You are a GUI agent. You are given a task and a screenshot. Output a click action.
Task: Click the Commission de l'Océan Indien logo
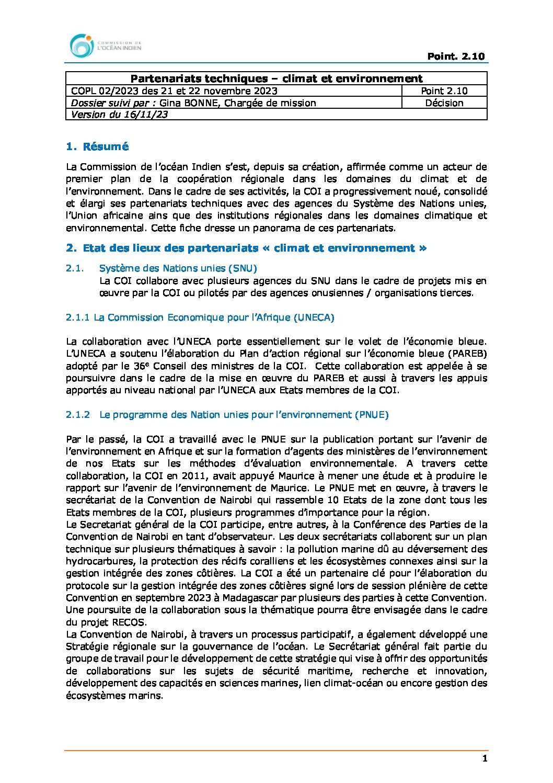coord(105,46)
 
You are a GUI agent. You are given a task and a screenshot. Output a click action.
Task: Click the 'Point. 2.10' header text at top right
coord(456,56)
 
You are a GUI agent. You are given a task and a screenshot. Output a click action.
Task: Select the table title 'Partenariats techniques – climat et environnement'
coord(276,78)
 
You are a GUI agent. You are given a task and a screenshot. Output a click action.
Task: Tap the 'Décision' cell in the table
coord(444,103)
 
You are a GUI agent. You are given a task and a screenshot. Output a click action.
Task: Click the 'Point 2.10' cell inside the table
coord(444,91)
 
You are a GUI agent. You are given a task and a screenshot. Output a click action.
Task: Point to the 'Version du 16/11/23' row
coord(119,115)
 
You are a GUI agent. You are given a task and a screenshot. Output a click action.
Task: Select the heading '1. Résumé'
coord(97,147)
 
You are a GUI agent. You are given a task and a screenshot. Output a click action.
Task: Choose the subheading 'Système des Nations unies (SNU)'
coord(178,268)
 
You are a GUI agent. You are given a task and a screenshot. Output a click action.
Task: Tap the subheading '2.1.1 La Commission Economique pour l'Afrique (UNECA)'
coord(200,317)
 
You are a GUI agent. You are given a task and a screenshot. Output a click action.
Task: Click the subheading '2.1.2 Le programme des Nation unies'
coord(227,415)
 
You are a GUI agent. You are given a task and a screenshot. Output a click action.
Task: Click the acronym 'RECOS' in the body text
coord(129,622)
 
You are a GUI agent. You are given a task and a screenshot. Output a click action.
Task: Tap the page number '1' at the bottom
coord(485,758)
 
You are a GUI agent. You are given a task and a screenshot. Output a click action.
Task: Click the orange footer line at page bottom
coord(276,750)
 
